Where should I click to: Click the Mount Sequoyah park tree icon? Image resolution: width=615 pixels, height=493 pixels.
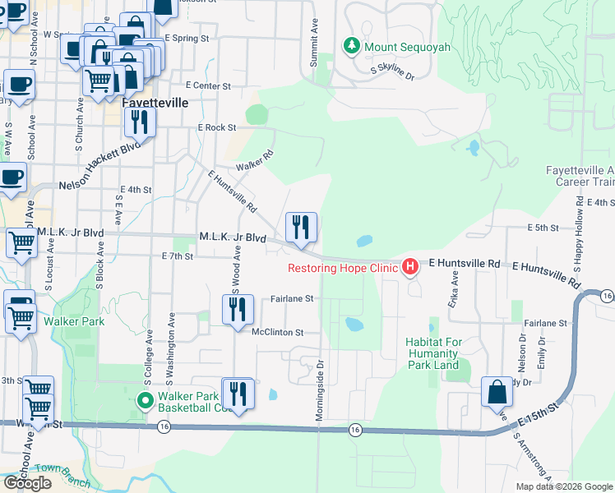point(353,46)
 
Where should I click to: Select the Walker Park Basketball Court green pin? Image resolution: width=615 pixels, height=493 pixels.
point(145,401)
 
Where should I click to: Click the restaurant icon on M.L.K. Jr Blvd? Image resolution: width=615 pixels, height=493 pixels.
point(301,228)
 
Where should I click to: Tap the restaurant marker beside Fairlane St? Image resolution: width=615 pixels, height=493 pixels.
point(236,310)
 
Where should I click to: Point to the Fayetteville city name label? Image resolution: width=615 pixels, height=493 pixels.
point(155,104)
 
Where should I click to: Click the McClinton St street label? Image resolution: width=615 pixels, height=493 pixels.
point(278,333)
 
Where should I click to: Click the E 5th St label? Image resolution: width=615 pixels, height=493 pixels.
point(543,228)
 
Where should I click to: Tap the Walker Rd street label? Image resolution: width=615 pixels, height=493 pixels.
point(254,161)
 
